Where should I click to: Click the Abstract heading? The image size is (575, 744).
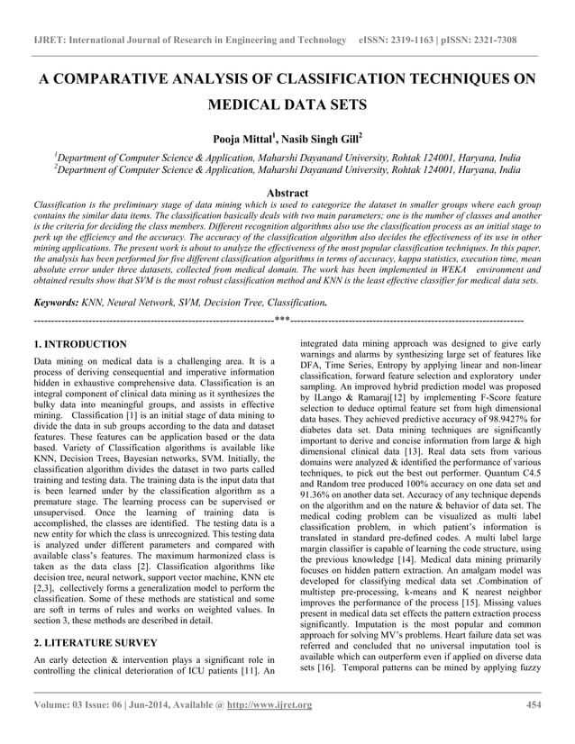(287, 193)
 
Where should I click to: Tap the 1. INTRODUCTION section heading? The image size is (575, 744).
(79, 345)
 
